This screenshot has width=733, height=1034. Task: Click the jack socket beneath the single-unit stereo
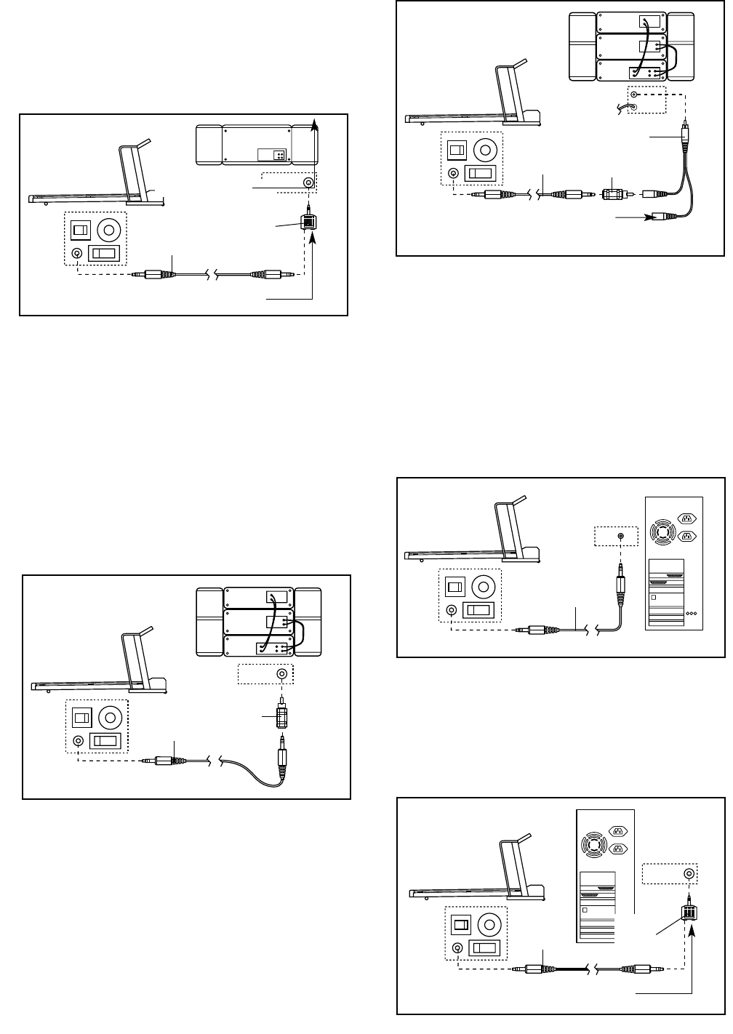click(x=310, y=183)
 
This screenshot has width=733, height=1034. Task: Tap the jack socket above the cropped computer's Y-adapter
click(x=688, y=875)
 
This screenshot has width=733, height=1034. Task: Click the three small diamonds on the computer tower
click(x=692, y=613)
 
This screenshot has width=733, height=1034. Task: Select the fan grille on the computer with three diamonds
click(x=662, y=530)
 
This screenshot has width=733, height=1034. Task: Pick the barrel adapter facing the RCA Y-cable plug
click(x=612, y=195)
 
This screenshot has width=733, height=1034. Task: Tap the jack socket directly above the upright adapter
click(x=281, y=674)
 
